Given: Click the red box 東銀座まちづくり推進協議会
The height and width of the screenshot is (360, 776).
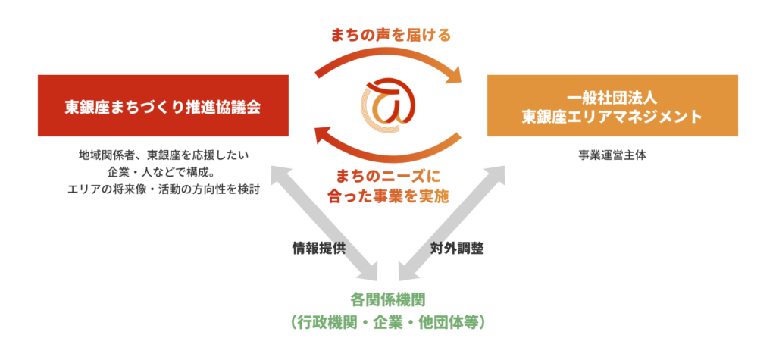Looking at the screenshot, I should click(x=163, y=105).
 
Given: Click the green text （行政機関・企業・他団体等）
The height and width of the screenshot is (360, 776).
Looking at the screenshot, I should click(x=388, y=322).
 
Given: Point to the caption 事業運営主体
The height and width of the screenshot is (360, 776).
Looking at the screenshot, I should click(x=612, y=155).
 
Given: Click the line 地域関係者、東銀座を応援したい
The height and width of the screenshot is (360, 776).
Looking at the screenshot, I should click(x=164, y=155).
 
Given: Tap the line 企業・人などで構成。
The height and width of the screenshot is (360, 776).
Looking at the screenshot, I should click(x=164, y=172).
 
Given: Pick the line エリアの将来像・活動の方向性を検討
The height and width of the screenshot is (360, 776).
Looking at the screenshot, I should click(x=164, y=189).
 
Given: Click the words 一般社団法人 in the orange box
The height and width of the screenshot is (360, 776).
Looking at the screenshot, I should click(x=612, y=98).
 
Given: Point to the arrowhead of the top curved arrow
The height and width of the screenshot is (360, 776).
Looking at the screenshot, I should click(x=455, y=74).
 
